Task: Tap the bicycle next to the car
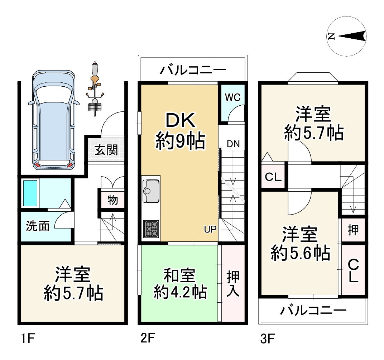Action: pyautogui.click(x=95, y=90)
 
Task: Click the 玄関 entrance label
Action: pyautogui.click(x=106, y=150)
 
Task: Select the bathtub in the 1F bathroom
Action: pyautogui.click(x=30, y=193)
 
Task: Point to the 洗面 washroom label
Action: pyautogui.click(x=37, y=226)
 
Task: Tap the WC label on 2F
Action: pyautogui.click(x=232, y=98)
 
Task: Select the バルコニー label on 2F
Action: pyautogui.click(x=193, y=69)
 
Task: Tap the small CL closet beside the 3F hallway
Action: pyautogui.click(x=273, y=177)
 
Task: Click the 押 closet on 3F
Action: pyautogui.click(x=353, y=230)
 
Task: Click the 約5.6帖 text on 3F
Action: pyautogui.click(x=300, y=254)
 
